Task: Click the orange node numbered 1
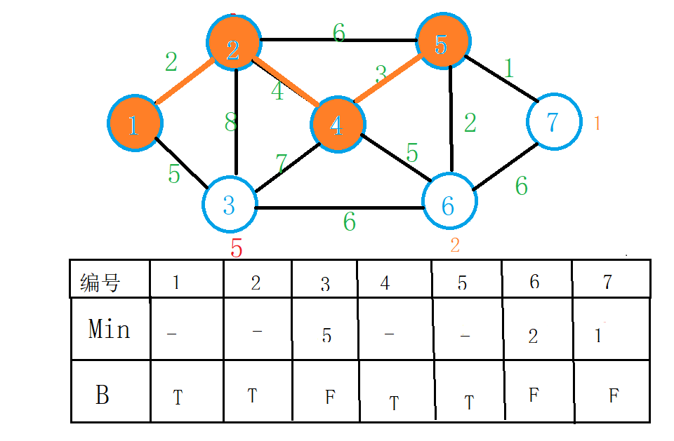135,124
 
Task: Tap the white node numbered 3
230,205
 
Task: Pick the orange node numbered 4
336,124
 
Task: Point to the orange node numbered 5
441,43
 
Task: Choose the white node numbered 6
449,203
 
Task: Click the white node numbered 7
553,121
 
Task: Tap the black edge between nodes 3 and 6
340,208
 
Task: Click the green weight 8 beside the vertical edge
231,123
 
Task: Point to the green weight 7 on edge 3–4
282,164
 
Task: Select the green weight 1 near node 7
508,68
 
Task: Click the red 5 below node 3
237,248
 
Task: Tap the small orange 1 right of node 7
597,123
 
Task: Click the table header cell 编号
100,283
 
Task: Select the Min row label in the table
110,329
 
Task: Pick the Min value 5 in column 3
326,335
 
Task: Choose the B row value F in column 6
534,395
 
